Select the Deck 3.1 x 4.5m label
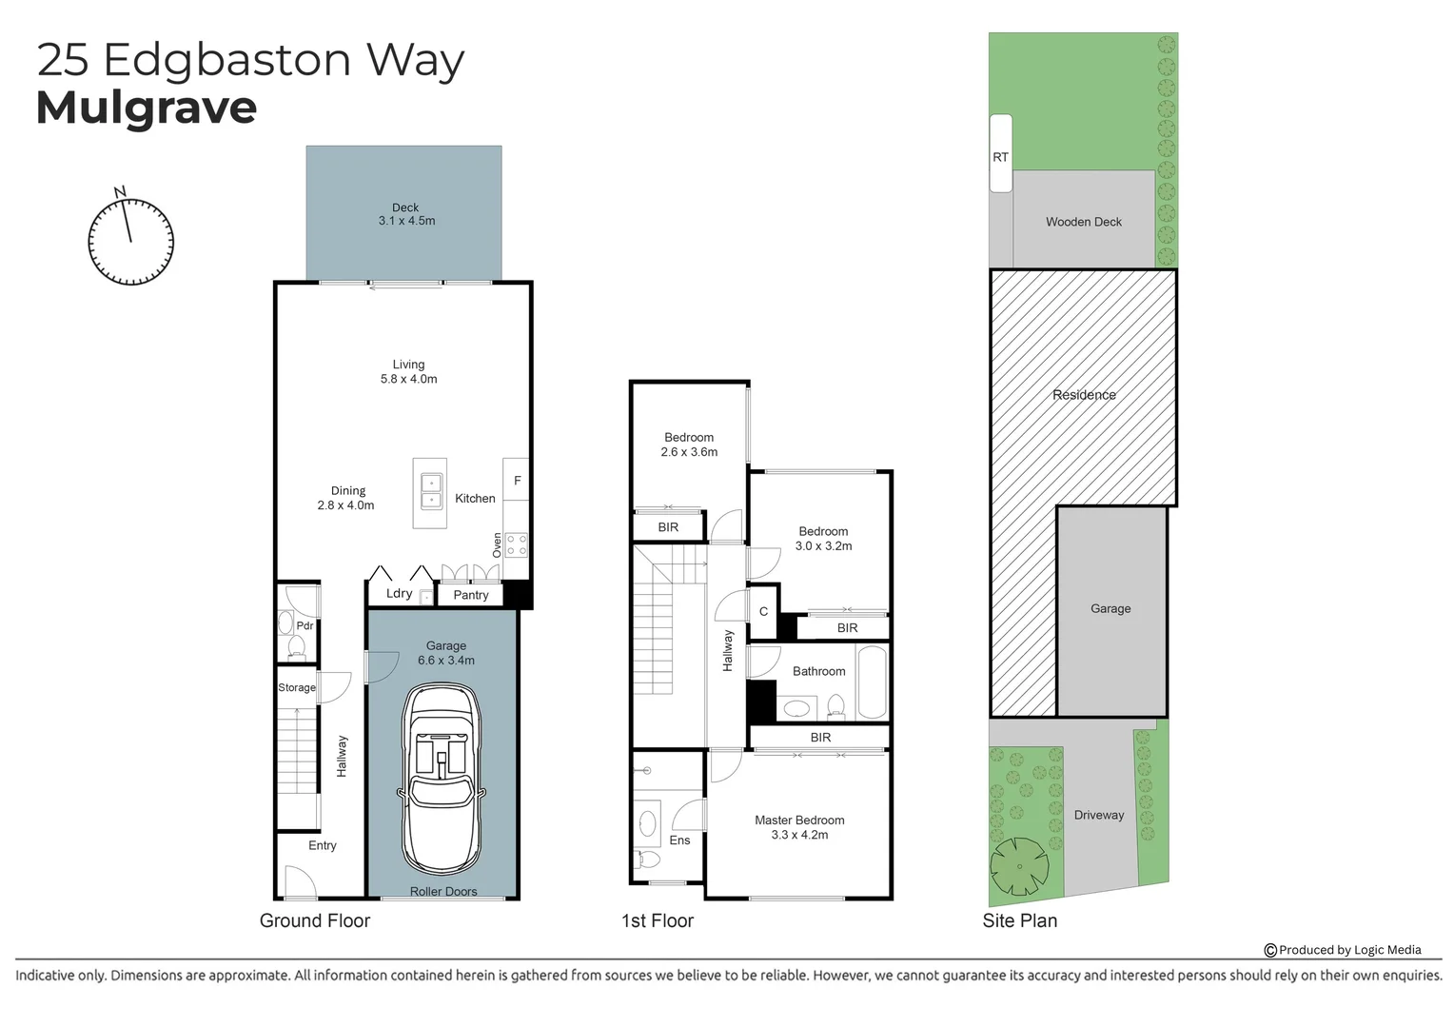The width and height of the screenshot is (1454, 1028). [406, 214]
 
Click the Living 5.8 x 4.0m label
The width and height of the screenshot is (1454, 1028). [408, 371]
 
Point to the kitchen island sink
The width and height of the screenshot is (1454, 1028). [430, 491]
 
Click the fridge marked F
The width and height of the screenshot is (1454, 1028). [517, 481]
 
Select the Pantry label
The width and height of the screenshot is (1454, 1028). [470, 595]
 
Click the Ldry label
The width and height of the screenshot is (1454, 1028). [399, 593]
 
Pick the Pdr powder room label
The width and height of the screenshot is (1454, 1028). [305, 625]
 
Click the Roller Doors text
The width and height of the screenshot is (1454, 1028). [443, 891]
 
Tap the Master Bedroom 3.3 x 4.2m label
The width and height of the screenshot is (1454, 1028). [799, 827]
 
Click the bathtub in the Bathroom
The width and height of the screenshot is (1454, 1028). [872, 682]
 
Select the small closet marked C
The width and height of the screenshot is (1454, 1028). [763, 612]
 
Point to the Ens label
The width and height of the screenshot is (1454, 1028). [679, 840]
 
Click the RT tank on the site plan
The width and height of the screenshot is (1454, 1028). [1000, 154]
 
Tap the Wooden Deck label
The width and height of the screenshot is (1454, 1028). [1084, 222]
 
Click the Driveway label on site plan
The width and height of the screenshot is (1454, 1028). [1099, 815]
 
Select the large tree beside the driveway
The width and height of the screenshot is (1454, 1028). [1019, 866]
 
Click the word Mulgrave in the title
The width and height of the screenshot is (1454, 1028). [147, 108]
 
